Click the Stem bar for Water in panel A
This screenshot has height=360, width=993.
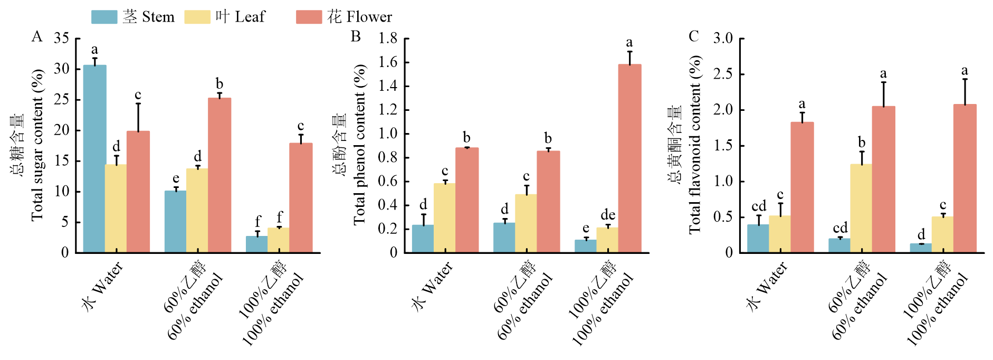click(94, 158)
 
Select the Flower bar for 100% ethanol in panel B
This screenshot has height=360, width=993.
click(629, 158)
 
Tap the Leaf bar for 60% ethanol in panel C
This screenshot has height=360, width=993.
click(861, 208)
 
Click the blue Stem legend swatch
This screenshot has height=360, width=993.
click(104, 17)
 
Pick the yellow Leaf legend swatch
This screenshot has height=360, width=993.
click(197, 17)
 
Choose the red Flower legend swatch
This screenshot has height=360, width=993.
click(309, 17)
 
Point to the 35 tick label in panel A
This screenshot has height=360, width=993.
click(62, 38)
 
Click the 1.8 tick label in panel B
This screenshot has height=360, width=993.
click(388, 38)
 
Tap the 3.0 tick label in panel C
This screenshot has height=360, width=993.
click(723, 38)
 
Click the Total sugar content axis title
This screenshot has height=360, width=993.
click(37, 145)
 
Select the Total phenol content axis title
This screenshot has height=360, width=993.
click(360, 145)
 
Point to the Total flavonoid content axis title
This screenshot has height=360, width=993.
click(695, 145)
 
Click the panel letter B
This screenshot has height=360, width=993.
click(356, 36)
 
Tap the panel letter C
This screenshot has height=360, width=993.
click(693, 36)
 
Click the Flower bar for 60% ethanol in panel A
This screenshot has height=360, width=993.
click(219, 175)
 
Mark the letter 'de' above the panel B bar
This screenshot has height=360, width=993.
click(608, 215)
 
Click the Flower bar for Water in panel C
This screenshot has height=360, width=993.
click(802, 187)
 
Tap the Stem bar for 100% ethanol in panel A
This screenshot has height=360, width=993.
click(257, 244)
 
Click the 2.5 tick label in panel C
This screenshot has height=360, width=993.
click(723, 74)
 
